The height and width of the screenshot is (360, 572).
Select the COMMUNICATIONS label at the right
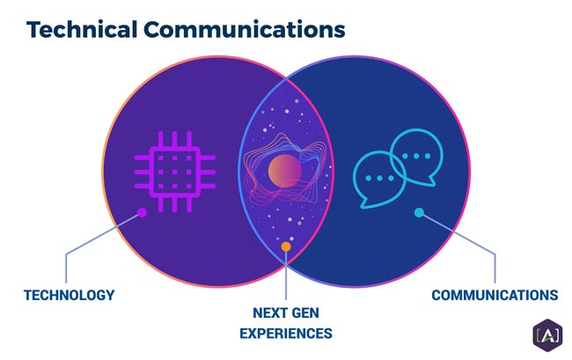(x=495, y=295)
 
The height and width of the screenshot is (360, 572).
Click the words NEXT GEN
(x=287, y=312)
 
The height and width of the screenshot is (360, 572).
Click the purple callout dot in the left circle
(x=142, y=212)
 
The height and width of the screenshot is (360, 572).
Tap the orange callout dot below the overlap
(x=286, y=247)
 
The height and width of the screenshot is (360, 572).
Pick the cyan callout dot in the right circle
(x=419, y=212)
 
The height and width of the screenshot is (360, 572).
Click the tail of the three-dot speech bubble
(x=363, y=204)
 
